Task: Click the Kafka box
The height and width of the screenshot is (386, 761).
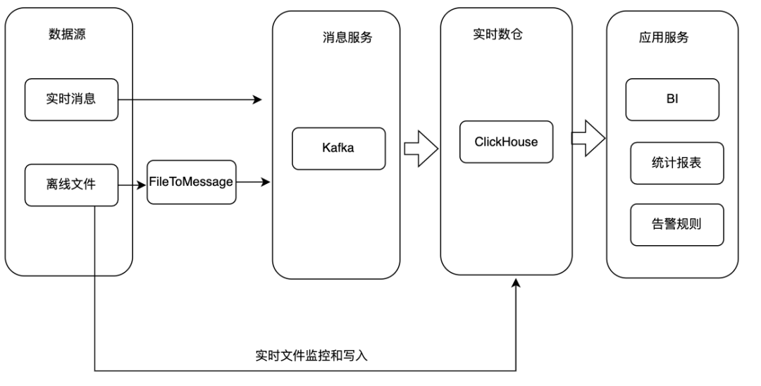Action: click(x=339, y=149)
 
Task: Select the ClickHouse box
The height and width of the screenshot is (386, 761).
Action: click(x=506, y=142)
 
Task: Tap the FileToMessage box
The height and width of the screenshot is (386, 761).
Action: click(x=191, y=182)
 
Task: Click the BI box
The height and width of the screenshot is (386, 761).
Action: click(x=672, y=99)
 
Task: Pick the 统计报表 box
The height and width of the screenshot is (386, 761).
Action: click(x=676, y=163)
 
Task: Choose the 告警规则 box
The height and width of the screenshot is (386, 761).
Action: click(x=676, y=225)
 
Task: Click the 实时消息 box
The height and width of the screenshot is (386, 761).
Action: click(x=71, y=99)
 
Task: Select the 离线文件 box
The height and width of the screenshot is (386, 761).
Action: click(x=71, y=185)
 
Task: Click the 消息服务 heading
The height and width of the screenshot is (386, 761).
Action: click(x=342, y=38)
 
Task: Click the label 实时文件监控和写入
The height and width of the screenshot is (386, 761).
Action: click(x=311, y=356)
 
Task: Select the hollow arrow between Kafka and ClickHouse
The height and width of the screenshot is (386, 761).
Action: click(x=421, y=149)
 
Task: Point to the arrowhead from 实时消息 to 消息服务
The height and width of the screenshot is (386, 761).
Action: click(x=257, y=100)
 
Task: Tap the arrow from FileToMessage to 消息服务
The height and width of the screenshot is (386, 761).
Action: click(x=254, y=182)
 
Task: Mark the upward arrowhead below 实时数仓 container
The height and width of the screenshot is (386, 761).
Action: click(x=516, y=283)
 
